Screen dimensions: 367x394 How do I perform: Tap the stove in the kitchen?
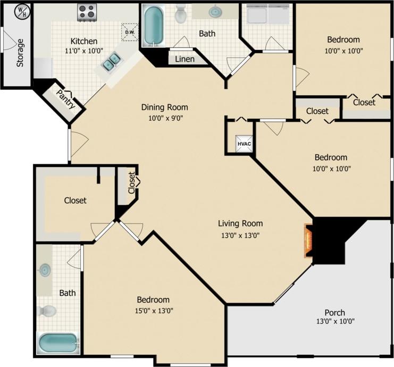point(87,12)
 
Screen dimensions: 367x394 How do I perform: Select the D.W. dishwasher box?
point(129,32)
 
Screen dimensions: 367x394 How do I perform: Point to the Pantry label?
point(66,99)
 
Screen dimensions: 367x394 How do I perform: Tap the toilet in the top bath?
point(181,14)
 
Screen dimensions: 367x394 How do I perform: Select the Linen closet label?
point(185,59)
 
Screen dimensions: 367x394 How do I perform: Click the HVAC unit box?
point(244,143)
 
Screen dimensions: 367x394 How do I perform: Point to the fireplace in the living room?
point(308,241)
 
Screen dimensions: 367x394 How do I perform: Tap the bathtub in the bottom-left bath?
point(58,343)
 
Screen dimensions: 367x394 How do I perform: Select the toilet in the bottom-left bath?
point(48,311)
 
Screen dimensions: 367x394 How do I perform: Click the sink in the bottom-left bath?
point(45,271)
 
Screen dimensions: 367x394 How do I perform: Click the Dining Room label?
point(164,107)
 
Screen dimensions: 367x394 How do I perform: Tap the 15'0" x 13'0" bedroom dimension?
point(153,311)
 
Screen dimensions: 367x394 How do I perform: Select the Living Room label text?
point(240,223)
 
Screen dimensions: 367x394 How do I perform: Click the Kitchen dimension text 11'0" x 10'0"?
point(84,51)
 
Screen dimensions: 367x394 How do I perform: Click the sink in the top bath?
point(215,12)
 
